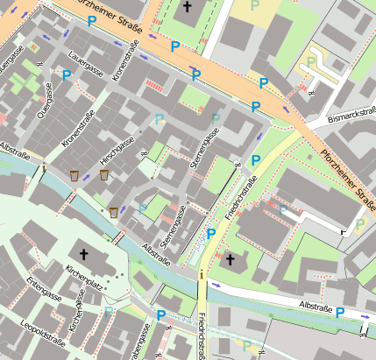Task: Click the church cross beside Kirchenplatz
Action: coord(84,254)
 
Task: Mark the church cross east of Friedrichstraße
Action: coord(231,259)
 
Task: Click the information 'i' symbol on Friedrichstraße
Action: coord(202,276)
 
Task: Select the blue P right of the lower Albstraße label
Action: coord(339,313)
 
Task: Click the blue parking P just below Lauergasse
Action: coord(67,75)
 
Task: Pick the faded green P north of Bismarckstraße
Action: coord(311,63)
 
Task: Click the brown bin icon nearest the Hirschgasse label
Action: coord(104,176)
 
